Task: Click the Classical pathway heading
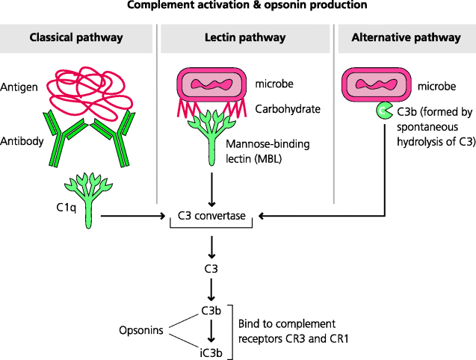coord(75,38)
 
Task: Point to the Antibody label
coord(23,141)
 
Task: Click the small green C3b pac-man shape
coord(383,111)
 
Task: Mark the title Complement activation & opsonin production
coord(237,7)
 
